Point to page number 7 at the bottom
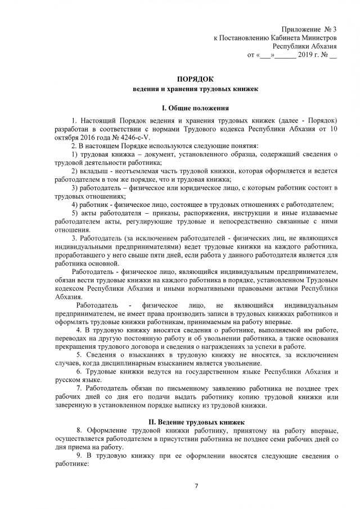(x=197, y=485)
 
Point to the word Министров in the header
(x=318, y=38)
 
